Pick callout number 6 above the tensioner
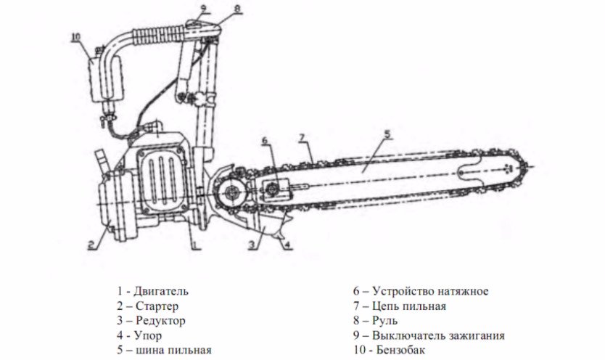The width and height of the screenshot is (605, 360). (x=263, y=139)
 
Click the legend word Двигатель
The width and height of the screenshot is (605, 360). (x=161, y=291)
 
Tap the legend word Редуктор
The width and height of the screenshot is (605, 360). (x=160, y=320)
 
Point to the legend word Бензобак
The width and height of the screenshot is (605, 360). (x=403, y=350)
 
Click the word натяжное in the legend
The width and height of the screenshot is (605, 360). (x=461, y=291)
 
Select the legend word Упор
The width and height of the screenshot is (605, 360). (x=149, y=335)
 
